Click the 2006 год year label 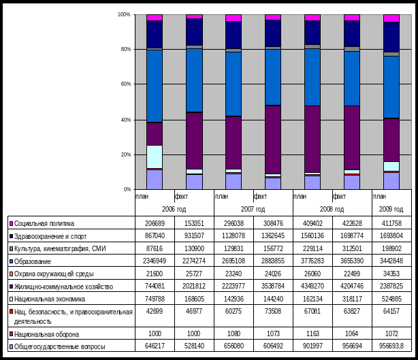point(174,208)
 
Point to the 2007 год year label point(253,208)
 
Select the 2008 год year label point(332,208)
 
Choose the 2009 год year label point(391,208)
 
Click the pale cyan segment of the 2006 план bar point(155,156)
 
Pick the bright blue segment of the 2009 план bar point(391,86)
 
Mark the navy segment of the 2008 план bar point(312,33)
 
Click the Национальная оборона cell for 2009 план point(391,334)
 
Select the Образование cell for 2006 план point(155,261)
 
